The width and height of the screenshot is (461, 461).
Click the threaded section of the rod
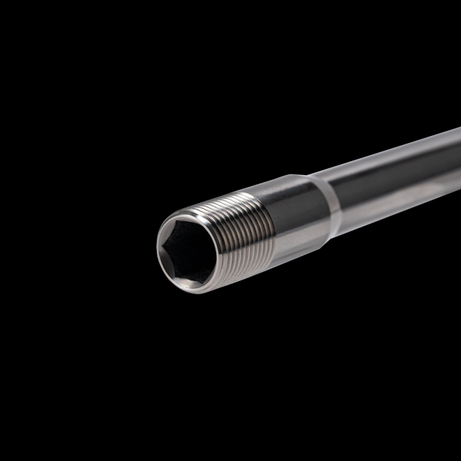tap(242, 231)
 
